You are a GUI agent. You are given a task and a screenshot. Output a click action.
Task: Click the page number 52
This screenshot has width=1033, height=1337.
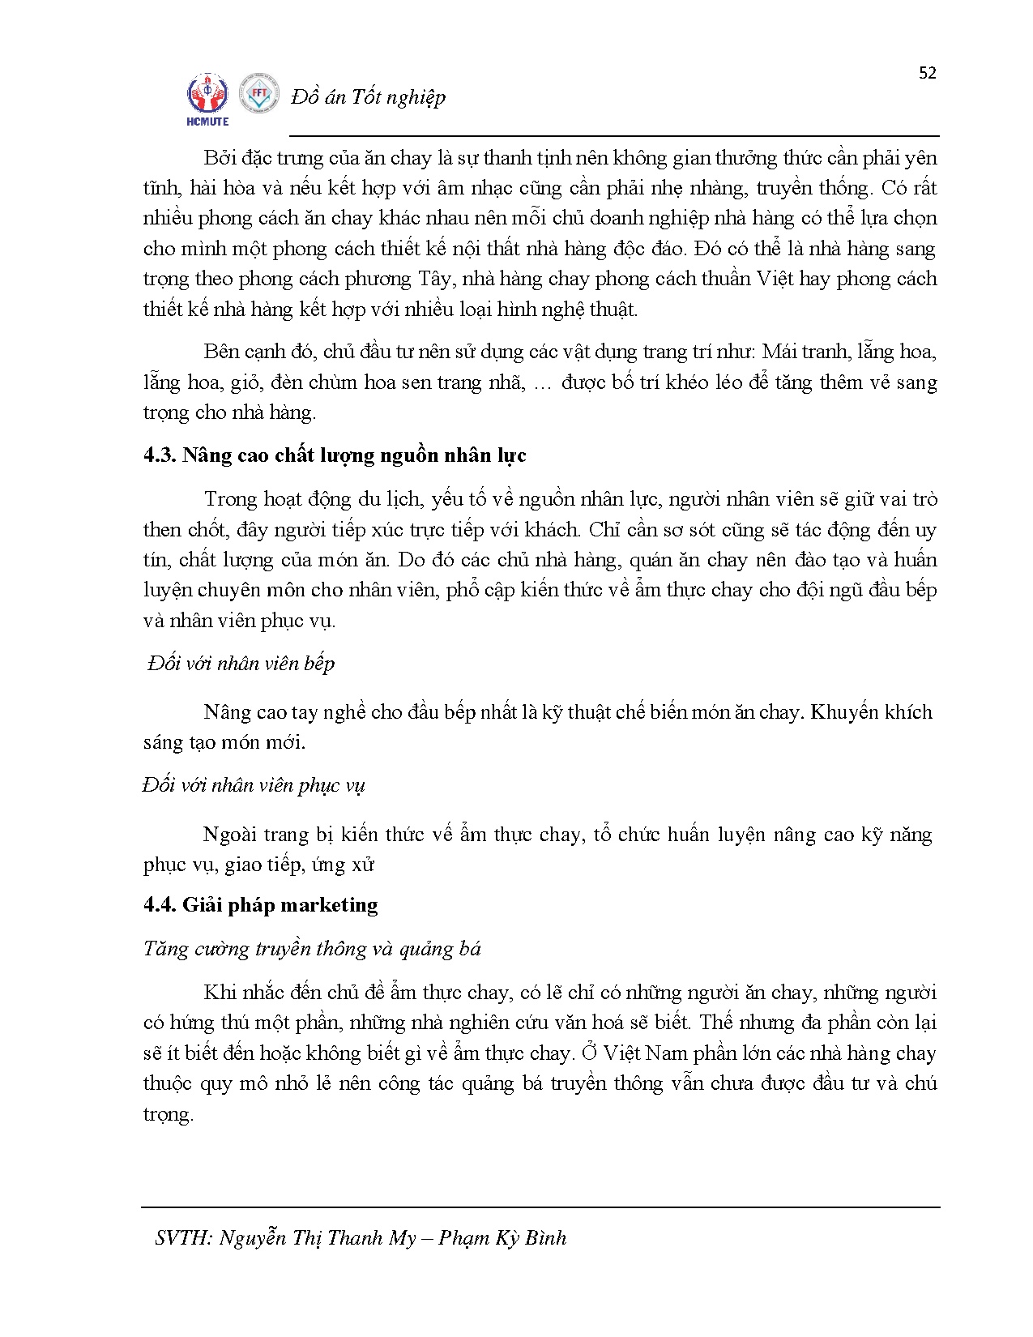click(x=928, y=73)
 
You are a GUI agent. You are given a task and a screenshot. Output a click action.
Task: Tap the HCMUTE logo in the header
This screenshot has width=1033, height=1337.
click(x=208, y=100)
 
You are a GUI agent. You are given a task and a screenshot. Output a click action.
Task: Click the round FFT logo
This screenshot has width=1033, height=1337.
click(x=259, y=95)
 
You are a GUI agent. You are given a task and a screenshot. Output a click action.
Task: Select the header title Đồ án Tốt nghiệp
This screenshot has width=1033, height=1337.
click(x=368, y=97)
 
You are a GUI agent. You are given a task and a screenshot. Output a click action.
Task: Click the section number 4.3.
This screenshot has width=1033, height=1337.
click(x=160, y=455)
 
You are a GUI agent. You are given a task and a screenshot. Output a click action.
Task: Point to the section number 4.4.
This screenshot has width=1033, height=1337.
click(x=160, y=904)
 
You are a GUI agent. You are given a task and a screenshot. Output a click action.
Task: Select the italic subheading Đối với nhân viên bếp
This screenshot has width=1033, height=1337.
click(x=241, y=664)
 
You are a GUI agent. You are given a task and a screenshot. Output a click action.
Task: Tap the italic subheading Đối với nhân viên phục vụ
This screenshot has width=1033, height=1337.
click(x=254, y=785)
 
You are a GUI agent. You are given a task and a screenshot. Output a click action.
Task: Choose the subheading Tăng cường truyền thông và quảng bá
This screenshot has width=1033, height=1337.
click(x=312, y=948)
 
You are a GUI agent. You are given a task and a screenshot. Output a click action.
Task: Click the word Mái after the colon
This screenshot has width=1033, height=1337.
click(x=780, y=352)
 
